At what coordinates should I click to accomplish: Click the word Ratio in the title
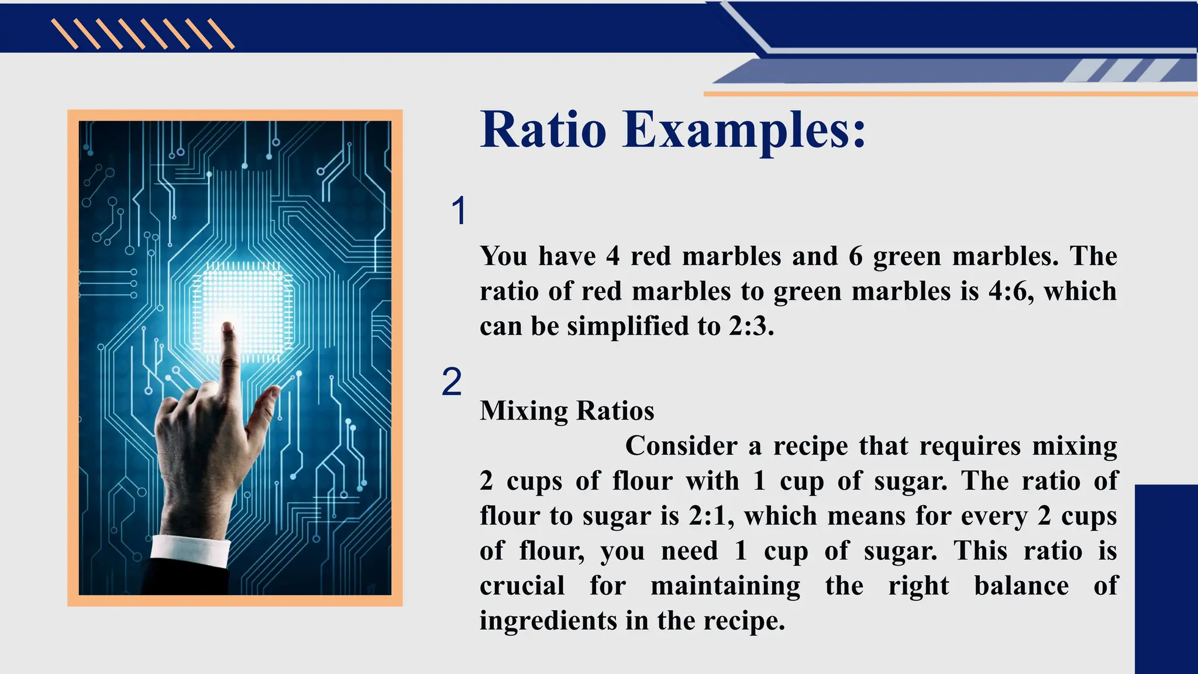543,129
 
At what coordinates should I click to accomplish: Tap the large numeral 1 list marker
459,210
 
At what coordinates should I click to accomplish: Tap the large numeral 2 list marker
452,382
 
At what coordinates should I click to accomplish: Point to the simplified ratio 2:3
751,326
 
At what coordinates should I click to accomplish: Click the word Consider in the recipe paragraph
681,446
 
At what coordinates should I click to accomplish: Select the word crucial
522,586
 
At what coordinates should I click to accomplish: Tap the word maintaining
725,586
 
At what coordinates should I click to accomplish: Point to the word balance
1021,586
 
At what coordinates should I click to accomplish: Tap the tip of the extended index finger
228,328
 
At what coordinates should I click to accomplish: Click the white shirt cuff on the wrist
190,551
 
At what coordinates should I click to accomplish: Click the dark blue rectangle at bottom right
1166,579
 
